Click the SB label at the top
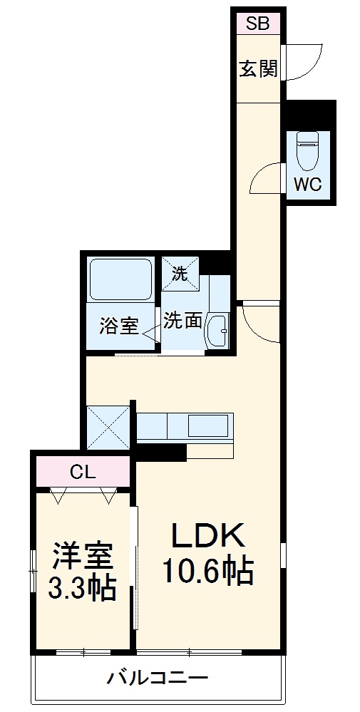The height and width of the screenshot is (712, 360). pos(258,24)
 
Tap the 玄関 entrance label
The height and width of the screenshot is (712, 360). pos(258,69)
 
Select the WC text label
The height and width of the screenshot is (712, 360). pos(308,184)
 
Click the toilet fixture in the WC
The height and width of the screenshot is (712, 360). pos(309,148)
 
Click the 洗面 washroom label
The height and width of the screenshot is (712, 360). pos(183,320)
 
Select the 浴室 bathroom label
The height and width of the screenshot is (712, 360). pos(118,326)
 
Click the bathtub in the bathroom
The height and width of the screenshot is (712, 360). pos(120,279)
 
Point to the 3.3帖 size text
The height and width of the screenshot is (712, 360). pos(82,589)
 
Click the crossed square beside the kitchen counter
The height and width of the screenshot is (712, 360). pos(108,427)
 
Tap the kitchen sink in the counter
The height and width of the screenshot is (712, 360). pos(206,427)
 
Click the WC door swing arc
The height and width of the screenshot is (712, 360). pos(267,177)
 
